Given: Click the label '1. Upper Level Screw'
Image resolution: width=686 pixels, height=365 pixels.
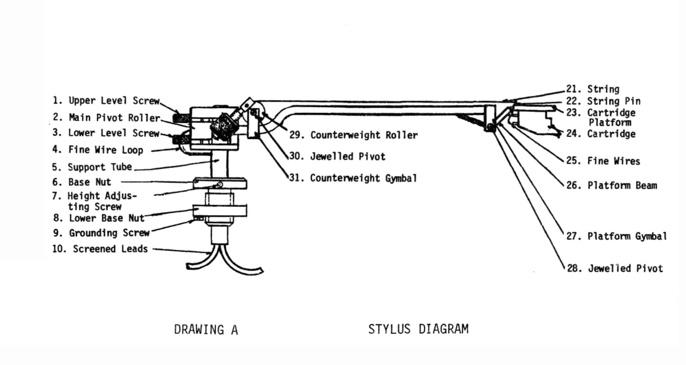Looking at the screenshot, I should [106, 100].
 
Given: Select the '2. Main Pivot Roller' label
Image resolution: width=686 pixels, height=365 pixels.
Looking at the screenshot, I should [106, 117].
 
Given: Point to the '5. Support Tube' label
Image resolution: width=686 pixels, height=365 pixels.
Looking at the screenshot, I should [92, 167].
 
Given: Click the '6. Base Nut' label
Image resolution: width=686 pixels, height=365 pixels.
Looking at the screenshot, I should [81, 182].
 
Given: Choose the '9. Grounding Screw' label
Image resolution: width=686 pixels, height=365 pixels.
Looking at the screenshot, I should [101, 233].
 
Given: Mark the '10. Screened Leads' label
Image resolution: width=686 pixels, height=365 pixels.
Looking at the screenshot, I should [100, 249].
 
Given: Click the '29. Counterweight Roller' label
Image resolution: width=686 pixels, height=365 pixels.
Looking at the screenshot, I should [353, 135].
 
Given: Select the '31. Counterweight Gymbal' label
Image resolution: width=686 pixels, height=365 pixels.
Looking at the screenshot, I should [353, 178].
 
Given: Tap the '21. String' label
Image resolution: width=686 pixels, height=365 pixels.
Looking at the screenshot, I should [593, 89].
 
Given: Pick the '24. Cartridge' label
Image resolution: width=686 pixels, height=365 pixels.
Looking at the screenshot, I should [601, 134].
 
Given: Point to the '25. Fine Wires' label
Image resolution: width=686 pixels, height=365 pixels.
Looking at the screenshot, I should [603, 161].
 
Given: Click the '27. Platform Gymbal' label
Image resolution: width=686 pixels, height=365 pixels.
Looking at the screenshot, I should [617, 236].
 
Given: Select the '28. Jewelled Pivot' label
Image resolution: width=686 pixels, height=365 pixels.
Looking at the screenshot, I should [615, 268].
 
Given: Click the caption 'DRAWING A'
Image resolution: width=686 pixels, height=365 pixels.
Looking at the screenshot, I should [206, 330].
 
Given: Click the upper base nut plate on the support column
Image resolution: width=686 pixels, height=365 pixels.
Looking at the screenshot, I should [220, 184].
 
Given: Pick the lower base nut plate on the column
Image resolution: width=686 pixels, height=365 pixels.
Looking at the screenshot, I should [220, 211].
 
